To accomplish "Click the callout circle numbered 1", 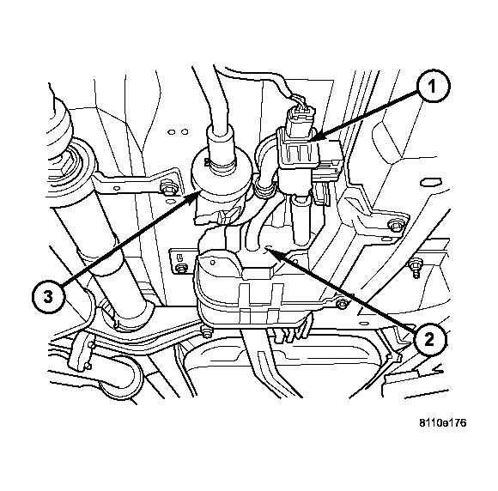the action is tap(432, 86).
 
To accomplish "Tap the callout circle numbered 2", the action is tap(429, 340).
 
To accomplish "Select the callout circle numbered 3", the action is tap(48, 298).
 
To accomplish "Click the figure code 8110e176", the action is tap(443, 423).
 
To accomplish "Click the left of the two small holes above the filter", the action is tap(172, 132).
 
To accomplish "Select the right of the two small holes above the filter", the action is tap(184, 131).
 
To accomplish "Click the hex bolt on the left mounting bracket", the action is tap(167, 187).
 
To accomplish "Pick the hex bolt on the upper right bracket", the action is tap(394, 225).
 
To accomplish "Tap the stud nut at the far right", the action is tap(414, 264).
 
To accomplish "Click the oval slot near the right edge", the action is tap(431, 182).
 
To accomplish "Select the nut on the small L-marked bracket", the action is tap(182, 267).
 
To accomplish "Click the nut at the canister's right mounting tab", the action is tap(342, 304).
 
